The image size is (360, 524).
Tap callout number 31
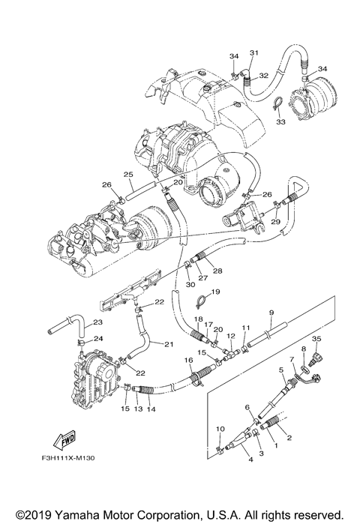click(x=253, y=52)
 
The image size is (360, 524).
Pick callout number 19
click(x=214, y=292)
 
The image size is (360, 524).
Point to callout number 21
click(x=167, y=344)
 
